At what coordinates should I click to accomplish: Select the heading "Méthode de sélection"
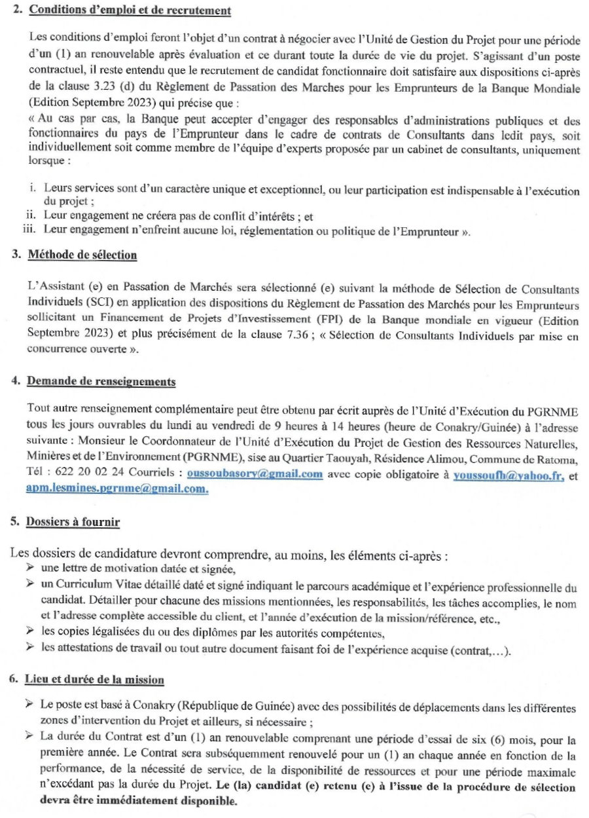(x=82, y=255)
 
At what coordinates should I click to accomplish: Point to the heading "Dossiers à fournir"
(x=73, y=522)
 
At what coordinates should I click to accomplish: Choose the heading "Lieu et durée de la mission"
(x=95, y=679)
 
